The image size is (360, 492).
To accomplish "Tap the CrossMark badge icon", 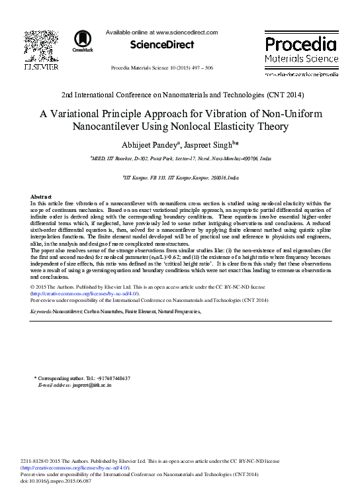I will click(x=83, y=41).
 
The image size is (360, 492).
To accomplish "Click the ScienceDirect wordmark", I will click(x=162, y=45).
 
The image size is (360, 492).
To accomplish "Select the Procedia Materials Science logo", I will click(x=301, y=52).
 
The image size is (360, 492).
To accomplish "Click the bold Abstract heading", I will click(x=42, y=197).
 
